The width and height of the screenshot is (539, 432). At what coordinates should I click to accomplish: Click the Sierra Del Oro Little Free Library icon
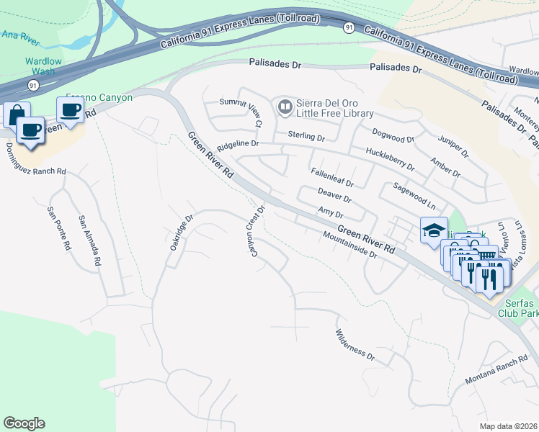[x=285, y=108]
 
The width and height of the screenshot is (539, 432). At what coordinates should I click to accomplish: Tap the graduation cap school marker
[x=434, y=230]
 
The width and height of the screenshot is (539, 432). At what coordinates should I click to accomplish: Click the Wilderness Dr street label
[x=355, y=344]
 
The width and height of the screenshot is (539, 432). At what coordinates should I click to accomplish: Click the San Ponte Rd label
[x=58, y=228]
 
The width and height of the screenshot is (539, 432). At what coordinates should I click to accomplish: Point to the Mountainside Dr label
[x=350, y=246]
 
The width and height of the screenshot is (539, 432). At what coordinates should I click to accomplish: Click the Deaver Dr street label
[x=334, y=194]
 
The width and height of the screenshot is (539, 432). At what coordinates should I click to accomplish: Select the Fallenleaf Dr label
[x=331, y=178]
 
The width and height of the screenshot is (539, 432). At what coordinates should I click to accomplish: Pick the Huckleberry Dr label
[x=390, y=158]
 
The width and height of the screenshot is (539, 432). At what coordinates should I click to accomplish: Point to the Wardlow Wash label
[x=43, y=66]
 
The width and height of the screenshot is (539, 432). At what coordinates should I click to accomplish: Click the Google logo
[x=24, y=423]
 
